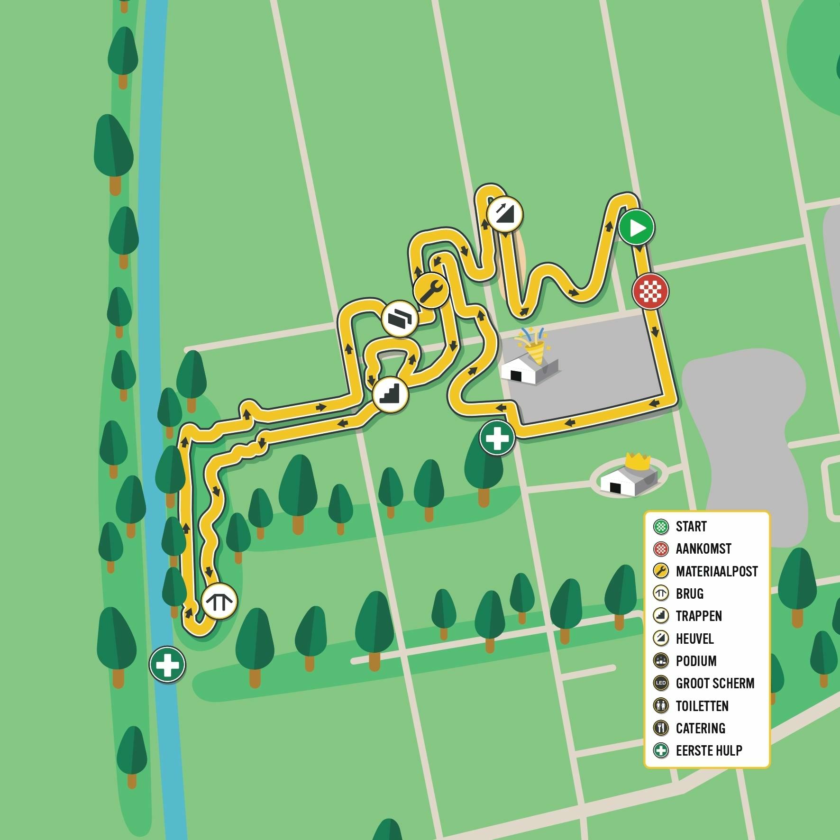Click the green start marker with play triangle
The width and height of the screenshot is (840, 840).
[636, 228]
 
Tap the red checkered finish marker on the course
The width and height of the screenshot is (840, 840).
[650, 291]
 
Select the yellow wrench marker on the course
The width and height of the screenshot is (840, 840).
[430, 290]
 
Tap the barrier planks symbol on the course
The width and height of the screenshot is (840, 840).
[400, 319]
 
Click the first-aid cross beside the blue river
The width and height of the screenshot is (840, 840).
[167, 664]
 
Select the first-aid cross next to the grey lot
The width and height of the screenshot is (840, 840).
[497, 438]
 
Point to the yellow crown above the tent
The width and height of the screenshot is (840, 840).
[637, 460]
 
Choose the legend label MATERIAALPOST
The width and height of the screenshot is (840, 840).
[716, 571]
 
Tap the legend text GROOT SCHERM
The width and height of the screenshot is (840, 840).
[715, 683]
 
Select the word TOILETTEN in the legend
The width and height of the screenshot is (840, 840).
[702, 706]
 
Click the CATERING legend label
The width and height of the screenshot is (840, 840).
[700, 728]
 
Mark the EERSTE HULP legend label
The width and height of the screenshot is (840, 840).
[709, 750]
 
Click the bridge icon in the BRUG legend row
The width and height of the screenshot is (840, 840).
[661, 593]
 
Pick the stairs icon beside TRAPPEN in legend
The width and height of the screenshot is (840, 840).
[661, 616]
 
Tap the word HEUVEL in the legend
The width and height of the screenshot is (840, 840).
[694, 639]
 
